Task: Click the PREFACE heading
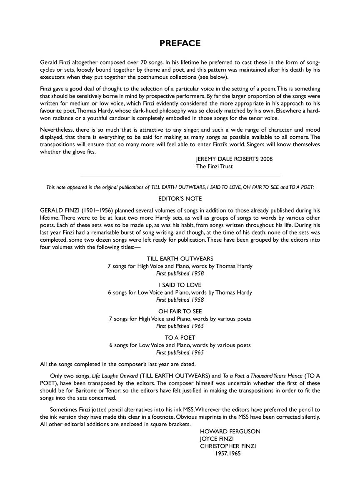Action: pos(180,43)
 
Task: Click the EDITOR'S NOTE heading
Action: pos(180,198)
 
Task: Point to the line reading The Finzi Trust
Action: pos(214,166)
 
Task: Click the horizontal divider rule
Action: pos(180,176)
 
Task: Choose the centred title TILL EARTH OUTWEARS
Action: pos(180,259)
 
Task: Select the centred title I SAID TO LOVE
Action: pos(180,285)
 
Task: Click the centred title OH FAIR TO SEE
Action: pos(180,311)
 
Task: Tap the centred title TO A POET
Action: pos(180,337)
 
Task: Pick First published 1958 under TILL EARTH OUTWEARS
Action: pos(180,273)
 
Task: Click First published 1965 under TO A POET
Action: pos(180,352)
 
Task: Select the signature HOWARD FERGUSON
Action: pos(230,431)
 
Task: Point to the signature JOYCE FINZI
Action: pos(216,439)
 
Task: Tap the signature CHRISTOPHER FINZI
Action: pos(228,446)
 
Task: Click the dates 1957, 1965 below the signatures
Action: pos(228,453)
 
